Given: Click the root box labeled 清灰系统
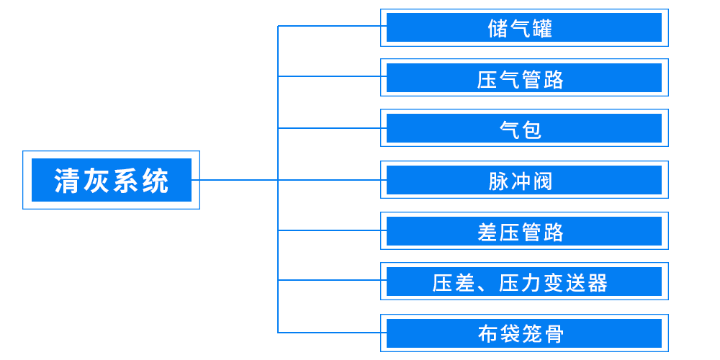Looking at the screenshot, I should (112, 180).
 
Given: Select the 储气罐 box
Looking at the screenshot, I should (524, 27).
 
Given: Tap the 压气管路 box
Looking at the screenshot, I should (524, 78).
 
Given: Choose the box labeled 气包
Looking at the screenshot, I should (524, 128).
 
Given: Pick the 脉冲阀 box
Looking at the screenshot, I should (524, 180).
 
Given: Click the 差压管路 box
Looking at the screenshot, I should (524, 231).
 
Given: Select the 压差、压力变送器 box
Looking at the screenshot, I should (524, 282).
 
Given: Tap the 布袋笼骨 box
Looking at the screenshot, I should (524, 333).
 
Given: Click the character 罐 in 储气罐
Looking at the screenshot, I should (542, 29).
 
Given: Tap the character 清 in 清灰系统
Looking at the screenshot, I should (67, 181).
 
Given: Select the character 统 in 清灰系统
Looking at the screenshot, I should (156, 181).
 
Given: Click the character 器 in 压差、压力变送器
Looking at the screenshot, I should (598, 283).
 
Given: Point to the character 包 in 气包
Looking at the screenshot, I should (531, 130).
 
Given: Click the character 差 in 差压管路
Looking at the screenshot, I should (488, 232).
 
